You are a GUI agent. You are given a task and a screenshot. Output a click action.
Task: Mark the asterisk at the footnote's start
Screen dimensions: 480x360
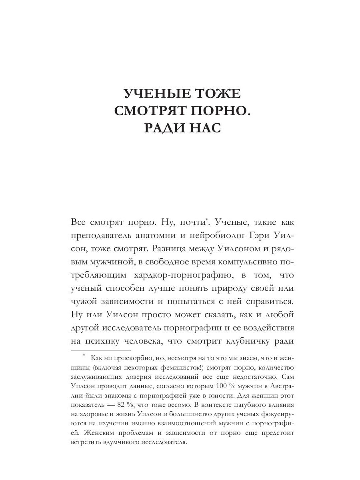click(x=84, y=355)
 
